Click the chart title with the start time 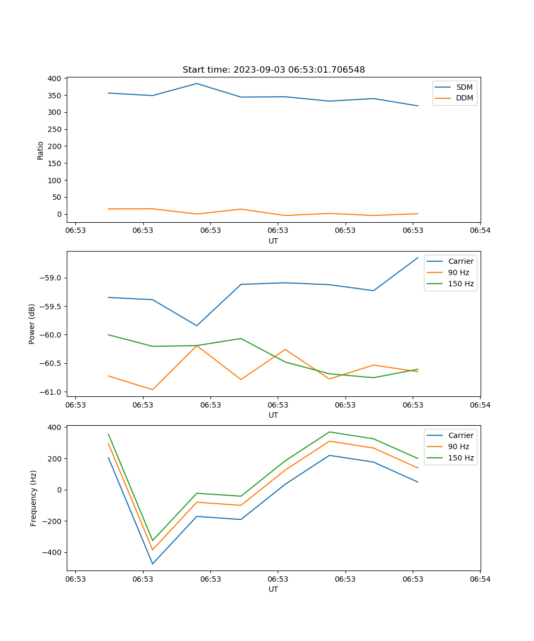[x=273, y=70]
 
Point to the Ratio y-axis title [x=40, y=150]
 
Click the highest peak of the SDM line [x=197, y=83]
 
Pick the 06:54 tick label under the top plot [x=480, y=230]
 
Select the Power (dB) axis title [x=32, y=324]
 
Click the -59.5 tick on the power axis [x=50, y=307]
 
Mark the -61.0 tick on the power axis [x=50, y=392]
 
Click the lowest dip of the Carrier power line [x=197, y=326]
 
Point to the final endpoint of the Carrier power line [x=418, y=257]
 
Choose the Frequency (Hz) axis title [x=33, y=498]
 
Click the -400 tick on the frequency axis [x=52, y=553]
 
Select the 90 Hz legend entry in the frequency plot [x=459, y=447]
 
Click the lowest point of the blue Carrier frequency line [x=153, y=564]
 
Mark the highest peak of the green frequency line [x=329, y=432]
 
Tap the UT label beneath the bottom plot [x=273, y=589]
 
